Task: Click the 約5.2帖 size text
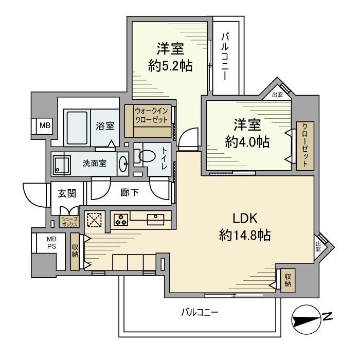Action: click(x=170, y=66)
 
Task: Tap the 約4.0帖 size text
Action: click(x=247, y=142)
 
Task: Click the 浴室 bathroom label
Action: click(x=105, y=126)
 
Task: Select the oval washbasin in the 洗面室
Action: click(x=123, y=164)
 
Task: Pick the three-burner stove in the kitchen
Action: click(x=121, y=220)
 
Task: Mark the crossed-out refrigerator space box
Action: click(x=95, y=220)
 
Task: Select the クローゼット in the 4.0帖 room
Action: click(x=304, y=146)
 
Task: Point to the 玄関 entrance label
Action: click(x=67, y=194)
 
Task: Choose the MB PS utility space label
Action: click(x=52, y=243)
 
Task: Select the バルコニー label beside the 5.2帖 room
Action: click(x=225, y=57)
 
